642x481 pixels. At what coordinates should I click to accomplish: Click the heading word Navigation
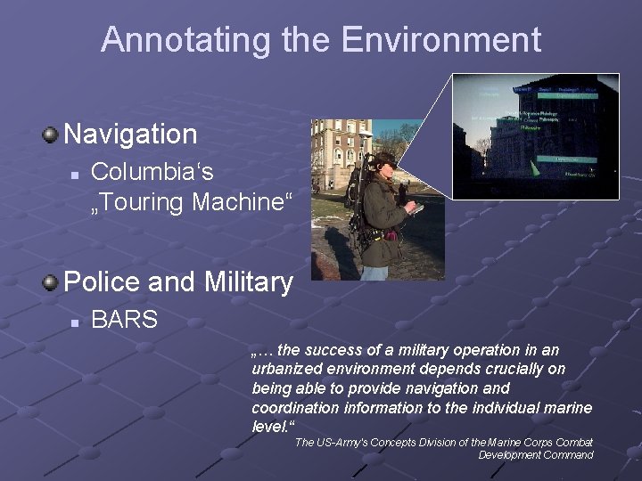130,135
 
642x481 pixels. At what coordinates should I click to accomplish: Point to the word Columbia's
152,170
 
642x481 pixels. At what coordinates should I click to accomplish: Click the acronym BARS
124,319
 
